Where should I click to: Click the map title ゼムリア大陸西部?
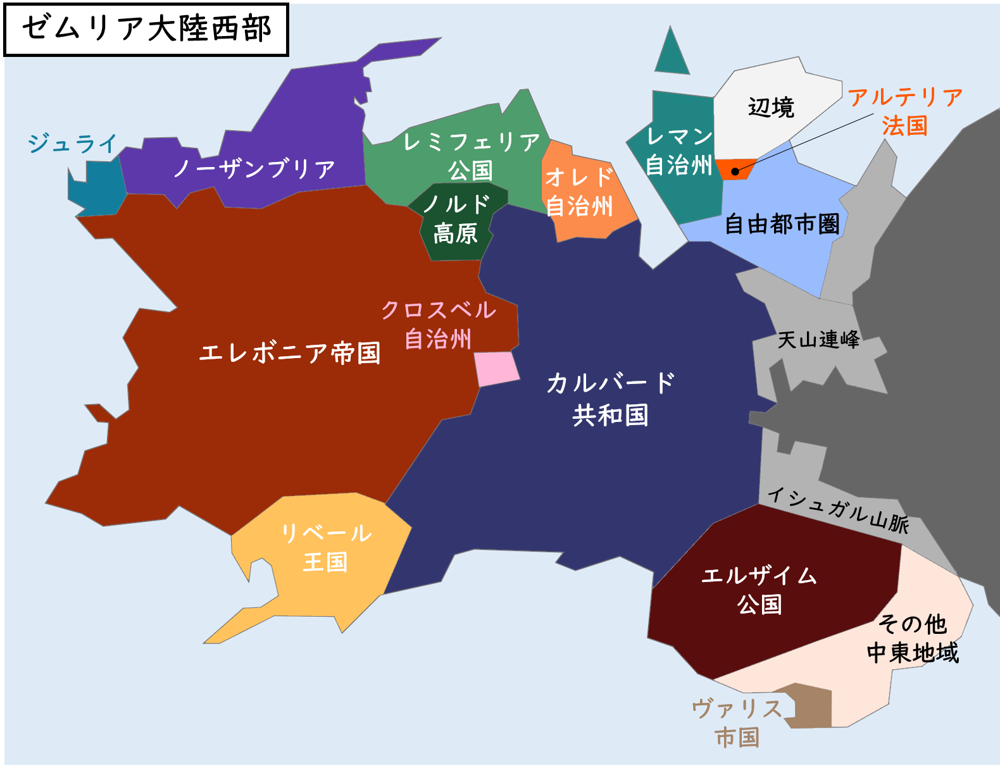146,29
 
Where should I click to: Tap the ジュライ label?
72,144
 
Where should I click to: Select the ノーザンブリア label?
254,169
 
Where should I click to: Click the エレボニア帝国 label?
290,353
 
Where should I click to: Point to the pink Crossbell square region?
497,369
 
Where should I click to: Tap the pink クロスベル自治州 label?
439,324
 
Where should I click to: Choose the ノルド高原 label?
456,219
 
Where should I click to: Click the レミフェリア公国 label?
471,156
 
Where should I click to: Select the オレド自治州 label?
579,192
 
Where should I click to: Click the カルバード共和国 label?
611,399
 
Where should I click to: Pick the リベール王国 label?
326,547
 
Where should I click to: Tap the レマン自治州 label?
679,151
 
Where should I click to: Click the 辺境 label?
771,108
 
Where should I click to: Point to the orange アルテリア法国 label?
905,111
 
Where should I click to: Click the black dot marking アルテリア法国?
735,171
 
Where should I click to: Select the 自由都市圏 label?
782,224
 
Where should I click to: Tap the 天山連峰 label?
818,340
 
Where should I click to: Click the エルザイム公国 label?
759,590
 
